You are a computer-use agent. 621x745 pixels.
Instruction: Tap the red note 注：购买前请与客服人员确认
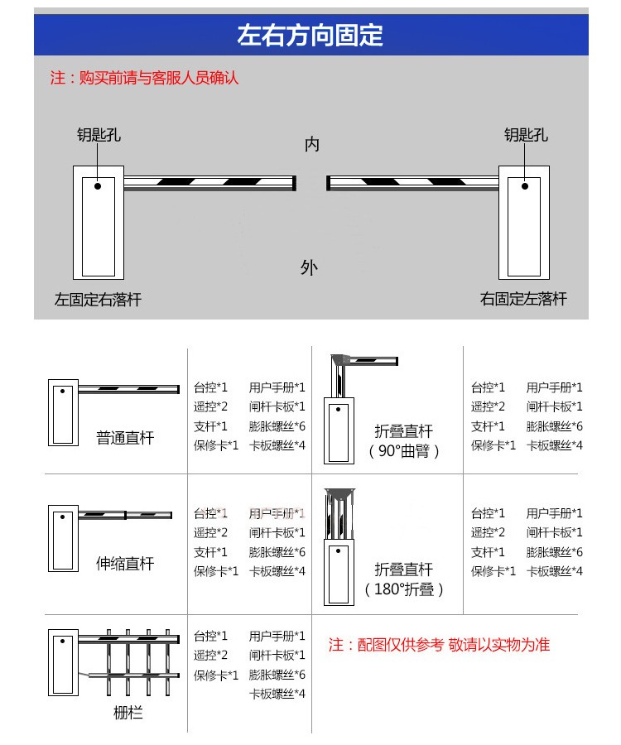click(145, 79)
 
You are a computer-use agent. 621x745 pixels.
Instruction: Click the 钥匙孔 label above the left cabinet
click(99, 135)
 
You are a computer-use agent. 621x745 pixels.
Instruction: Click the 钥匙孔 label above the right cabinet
click(526, 135)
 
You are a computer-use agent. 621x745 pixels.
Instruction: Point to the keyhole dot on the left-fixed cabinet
click(97, 186)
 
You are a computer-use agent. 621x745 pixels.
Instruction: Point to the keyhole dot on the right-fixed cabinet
click(523, 186)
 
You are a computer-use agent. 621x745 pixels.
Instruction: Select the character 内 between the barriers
click(311, 145)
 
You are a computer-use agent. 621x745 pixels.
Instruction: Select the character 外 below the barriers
click(309, 267)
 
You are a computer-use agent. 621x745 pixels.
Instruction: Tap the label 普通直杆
click(125, 438)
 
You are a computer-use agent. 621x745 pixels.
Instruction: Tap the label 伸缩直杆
click(125, 564)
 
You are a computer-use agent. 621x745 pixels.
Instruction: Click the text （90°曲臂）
click(404, 452)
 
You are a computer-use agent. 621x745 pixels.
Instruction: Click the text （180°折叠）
click(404, 590)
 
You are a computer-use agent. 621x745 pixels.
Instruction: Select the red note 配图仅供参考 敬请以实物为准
click(439, 645)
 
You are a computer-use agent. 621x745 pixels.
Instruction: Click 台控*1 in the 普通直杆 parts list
click(210, 387)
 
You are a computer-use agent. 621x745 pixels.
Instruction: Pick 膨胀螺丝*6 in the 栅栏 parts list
click(277, 675)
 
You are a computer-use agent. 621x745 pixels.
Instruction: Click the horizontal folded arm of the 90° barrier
click(373, 360)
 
